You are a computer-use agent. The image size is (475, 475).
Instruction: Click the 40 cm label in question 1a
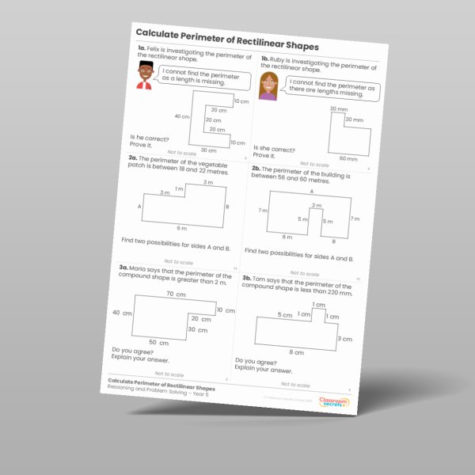(182, 116)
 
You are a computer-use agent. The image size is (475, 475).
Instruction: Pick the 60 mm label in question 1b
(348, 158)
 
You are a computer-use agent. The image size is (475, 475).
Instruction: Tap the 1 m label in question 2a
(179, 189)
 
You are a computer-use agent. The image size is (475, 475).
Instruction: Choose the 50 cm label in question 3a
(159, 343)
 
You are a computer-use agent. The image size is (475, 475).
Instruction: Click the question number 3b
(247, 278)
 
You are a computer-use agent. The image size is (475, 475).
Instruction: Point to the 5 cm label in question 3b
(285, 315)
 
